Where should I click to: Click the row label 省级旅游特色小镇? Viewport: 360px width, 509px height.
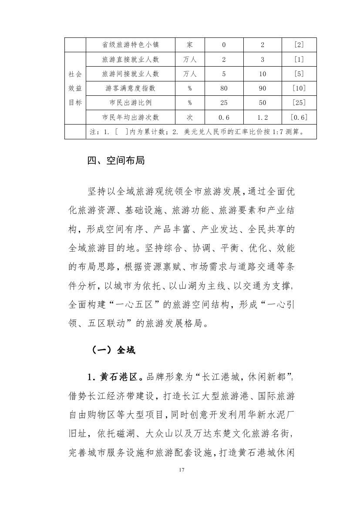click(130, 45)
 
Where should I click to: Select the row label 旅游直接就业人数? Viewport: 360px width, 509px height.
click(130, 60)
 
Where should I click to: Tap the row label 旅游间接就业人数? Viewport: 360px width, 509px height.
click(130, 74)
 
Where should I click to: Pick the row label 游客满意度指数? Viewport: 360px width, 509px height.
click(130, 88)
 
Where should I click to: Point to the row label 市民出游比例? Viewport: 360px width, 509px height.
click(130, 103)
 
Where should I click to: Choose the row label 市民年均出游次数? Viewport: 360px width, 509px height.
click(130, 117)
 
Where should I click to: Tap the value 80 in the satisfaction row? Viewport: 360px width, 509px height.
click(224, 88)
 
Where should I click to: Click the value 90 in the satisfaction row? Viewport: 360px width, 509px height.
click(262, 88)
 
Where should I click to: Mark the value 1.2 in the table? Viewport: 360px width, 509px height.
click(262, 117)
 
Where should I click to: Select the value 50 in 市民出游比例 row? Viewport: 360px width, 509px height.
click(262, 103)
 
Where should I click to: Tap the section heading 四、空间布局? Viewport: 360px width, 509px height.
click(116, 161)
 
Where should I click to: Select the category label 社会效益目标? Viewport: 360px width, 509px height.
click(75, 88)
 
